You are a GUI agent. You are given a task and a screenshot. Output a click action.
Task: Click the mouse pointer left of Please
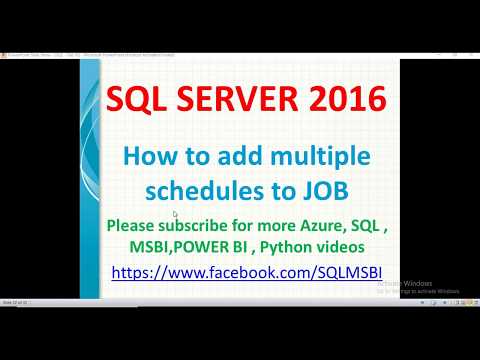[175, 214]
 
